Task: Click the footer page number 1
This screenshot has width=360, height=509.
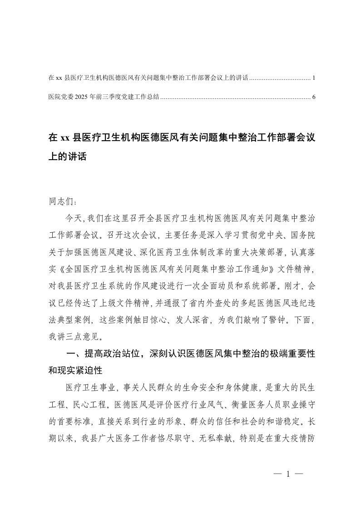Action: (288, 475)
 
